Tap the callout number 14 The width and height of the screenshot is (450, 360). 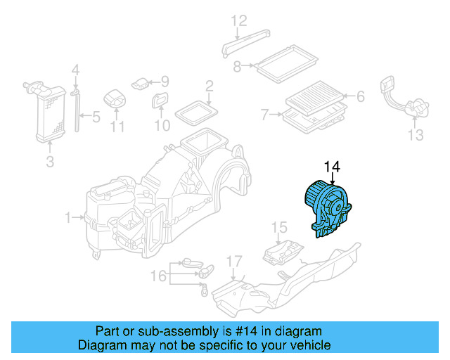pyautogui.click(x=332, y=167)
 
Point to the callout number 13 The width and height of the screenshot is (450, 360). pyautogui.click(x=415, y=134)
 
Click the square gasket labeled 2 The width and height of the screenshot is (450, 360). pyautogui.click(x=195, y=110)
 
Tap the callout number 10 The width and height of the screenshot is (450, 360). pyautogui.click(x=162, y=126)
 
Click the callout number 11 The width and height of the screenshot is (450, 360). pyautogui.click(x=117, y=127)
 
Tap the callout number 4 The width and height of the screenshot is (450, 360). pyautogui.click(x=76, y=70)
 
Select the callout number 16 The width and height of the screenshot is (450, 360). pyautogui.click(x=160, y=276)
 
